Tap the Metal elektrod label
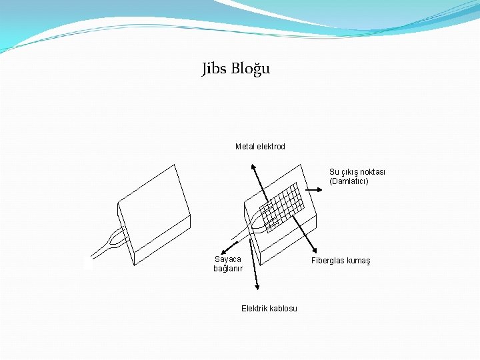tap(260, 147)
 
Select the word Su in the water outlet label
tap(334, 172)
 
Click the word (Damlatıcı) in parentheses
tap(349, 181)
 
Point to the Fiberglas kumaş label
tap(341, 261)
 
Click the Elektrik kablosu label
tap(269, 308)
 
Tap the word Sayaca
tap(228, 259)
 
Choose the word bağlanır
tap(228, 269)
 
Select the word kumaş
tap(357, 261)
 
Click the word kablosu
tap(283, 308)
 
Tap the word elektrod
tap(271, 147)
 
